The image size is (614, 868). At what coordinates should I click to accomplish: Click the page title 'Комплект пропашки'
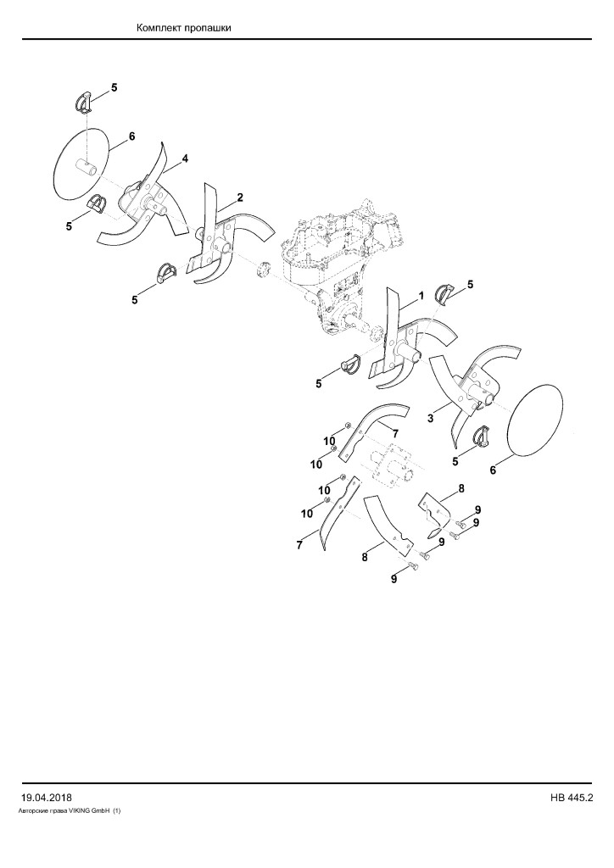click(x=183, y=28)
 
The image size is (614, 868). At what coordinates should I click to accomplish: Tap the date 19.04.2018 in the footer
click(x=46, y=798)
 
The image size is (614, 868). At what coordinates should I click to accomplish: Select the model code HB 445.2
click(x=572, y=798)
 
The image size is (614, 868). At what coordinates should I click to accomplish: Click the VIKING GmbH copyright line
click(x=70, y=811)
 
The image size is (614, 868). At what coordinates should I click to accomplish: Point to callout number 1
click(x=421, y=296)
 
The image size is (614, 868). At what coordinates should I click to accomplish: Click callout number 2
click(x=240, y=197)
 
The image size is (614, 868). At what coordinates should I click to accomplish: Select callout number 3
click(x=430, y=419)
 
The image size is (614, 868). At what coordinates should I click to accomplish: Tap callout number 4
click(x=185, y=159)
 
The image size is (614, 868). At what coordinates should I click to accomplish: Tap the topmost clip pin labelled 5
click(x=82, y=103)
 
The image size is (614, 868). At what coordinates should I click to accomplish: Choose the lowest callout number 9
click(x=394, y=580)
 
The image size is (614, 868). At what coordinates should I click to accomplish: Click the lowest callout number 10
click(x=307, y=514)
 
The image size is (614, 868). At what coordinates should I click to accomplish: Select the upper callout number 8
click(x=461, y=489)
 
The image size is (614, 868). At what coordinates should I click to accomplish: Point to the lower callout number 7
click(x=299, y=545)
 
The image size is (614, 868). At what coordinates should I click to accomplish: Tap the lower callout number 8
click(x=365, y=558)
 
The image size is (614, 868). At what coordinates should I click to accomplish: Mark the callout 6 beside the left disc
click(x=131, y=136)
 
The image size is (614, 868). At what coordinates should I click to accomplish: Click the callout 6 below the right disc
click(x=492, y=470)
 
